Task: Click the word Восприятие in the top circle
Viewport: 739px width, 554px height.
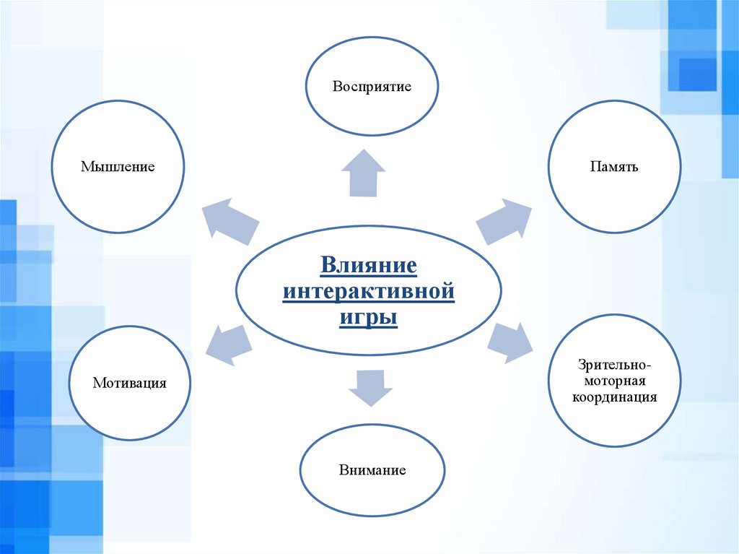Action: click(372, 87)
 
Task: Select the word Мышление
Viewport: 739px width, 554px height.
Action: click(118, 167)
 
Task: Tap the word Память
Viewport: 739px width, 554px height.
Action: click(613, 167)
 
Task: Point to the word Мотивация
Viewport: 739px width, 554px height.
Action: click(129, 383)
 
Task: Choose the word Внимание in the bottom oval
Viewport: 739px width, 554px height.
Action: click(372, 470)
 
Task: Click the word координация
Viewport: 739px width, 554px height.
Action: click(614, 397)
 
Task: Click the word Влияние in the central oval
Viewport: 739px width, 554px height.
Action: click(369, 265)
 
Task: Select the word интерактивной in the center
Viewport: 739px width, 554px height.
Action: click(369, 292)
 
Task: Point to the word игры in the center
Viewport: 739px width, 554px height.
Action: click(369, 318)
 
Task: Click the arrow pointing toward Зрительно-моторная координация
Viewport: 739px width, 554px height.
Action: click(510, 342)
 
